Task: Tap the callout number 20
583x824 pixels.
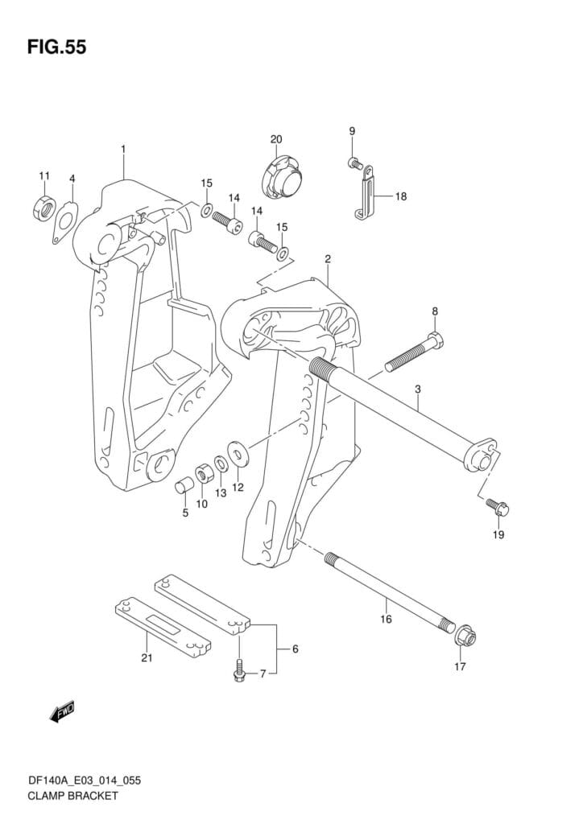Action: pos(276,139)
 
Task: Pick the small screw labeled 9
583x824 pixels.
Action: pos(354,163)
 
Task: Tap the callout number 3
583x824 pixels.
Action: pos(418,389)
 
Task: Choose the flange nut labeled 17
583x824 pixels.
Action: pos(462,637)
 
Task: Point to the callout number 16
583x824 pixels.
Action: pos(386,619)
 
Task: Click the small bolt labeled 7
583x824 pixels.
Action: pos(240,673)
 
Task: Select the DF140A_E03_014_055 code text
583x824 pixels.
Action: pos(80,779)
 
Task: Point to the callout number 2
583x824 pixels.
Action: pos(328,259)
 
